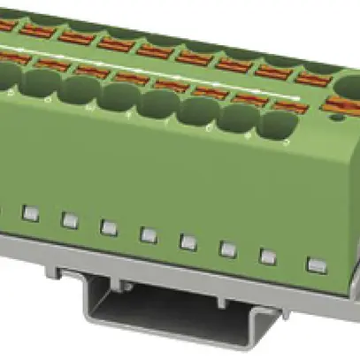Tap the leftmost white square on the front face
(29, 213)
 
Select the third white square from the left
(109, 227)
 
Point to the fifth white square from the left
(188, 241)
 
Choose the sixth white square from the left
(227, 249)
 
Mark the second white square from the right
(268, 257)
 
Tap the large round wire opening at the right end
(346, 88)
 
